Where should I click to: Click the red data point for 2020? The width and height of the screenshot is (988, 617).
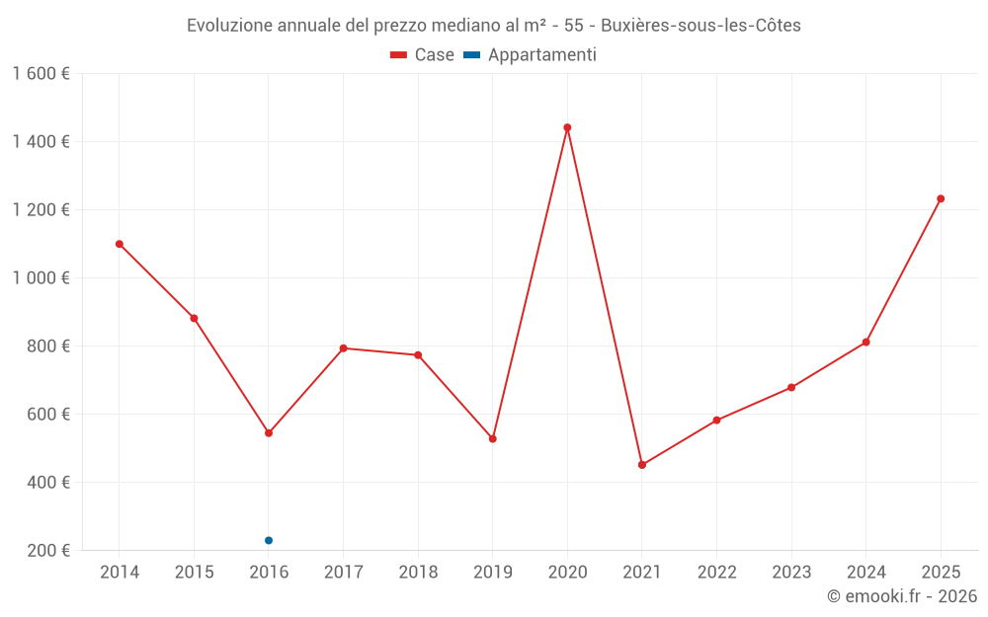click(x=567, y=127)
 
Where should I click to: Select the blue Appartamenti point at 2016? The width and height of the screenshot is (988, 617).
click(x=269, y=540)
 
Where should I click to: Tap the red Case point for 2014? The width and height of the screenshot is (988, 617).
click(x=120, y=244)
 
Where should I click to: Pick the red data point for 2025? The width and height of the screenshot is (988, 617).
click(x=941, y=198)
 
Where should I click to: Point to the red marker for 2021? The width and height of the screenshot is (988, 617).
click(x=642, y=465)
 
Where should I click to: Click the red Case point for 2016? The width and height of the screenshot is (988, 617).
click(x=269, y=433)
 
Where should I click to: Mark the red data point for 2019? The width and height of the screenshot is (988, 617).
click(x=493, y=439)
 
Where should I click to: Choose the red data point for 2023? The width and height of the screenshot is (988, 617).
click(x=791, y=388)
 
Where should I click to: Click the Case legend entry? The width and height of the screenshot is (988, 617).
click(x=423, y=55)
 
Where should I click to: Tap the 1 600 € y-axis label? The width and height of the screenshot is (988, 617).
click(x=41, y=74)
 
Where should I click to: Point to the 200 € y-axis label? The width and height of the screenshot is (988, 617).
click(x=50, y=551)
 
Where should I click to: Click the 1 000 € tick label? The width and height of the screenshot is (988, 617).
click(x=41, y=278)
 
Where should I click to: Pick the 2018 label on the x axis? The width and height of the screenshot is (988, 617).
click(x=418, y=573)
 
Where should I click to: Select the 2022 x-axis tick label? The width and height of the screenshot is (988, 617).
click(x=716, y=573)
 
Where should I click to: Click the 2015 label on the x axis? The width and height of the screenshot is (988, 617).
click(x=194, y=573)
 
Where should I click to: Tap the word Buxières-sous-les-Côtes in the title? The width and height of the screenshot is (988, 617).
click(x=701, y=25)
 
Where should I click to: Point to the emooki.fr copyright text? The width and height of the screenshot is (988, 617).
click(x=902, y=596)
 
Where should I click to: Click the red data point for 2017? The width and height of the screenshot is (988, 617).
click(x=343, y=348)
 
